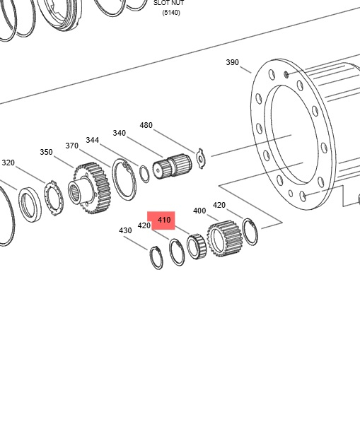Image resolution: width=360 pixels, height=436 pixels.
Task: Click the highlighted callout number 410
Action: tap(164, 220)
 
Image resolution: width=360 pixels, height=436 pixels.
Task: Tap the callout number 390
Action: tap(232, 62)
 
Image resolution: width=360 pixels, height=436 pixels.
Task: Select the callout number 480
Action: tap(146, 125)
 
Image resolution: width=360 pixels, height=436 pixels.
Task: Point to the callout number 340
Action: tap(119, 133)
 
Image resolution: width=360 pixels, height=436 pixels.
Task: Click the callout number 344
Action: tap(93, 140)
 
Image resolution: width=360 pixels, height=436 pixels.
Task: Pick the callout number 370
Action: tap(71, 146)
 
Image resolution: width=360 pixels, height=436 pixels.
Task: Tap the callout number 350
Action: tap(46, 152)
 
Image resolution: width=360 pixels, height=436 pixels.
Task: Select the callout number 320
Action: tap(8, 163)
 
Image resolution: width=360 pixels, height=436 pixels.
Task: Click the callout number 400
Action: tap(199, 211)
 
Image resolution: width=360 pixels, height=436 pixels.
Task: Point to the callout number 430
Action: tap(125, 230)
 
